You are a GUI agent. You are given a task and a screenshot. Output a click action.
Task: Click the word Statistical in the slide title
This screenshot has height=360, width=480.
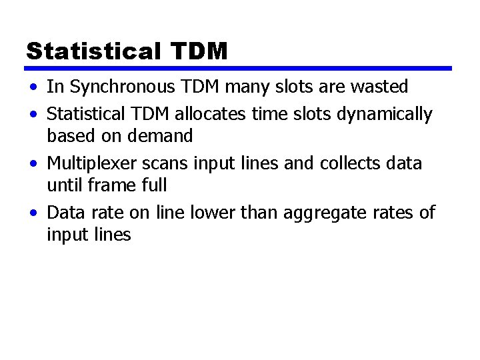click(93, 51)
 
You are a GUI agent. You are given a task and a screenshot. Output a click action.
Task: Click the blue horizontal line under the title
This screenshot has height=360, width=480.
click(239, 68)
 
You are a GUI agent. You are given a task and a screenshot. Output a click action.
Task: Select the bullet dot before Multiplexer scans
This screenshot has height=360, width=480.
click(33, 164)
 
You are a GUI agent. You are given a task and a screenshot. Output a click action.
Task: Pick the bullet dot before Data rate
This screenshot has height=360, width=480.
click(33, 213)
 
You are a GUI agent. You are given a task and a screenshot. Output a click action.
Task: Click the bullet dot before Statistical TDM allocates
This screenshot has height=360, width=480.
click(33, 115)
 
